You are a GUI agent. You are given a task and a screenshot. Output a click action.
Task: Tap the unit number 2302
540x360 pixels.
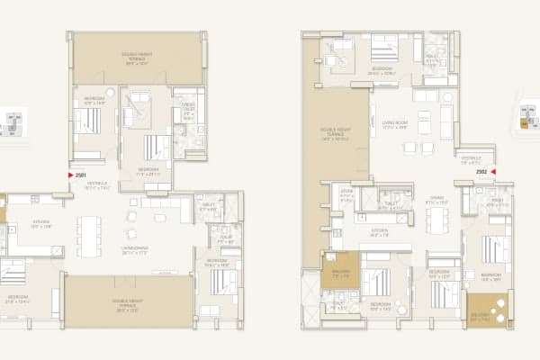[481, 170]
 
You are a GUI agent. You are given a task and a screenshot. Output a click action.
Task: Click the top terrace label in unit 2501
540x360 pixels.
[136, 58]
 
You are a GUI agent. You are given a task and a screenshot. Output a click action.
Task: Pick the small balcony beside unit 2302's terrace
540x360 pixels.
[339, 271]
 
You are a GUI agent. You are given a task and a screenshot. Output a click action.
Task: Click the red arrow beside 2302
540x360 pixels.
[494, 170]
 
